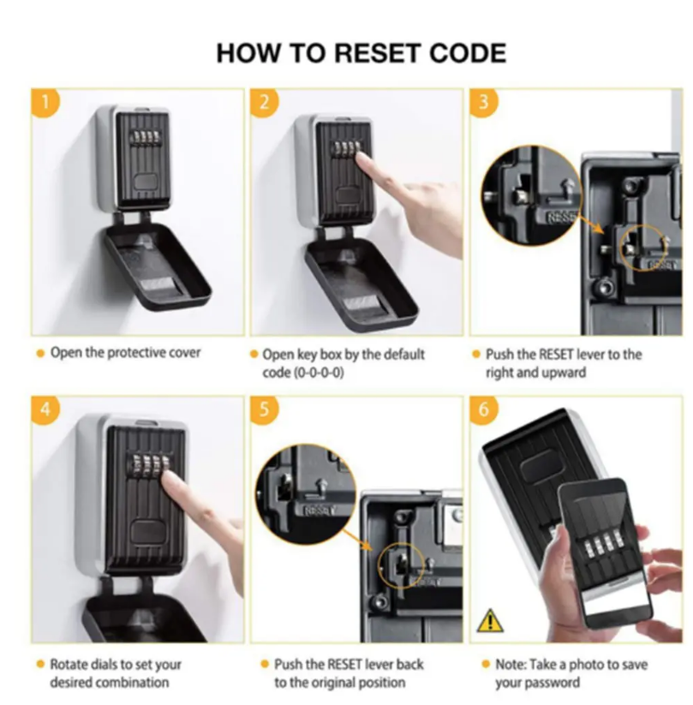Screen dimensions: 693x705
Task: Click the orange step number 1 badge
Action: point(45,103)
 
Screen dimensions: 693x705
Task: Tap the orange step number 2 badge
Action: point(265,103)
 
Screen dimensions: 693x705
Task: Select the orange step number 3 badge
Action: point(484,103)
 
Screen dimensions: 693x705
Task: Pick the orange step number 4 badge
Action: point(45,410)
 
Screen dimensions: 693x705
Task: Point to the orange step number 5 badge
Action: point(265,410)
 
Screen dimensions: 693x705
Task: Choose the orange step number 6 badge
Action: point(484,410)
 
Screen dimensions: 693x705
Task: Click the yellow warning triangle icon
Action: point(490,620)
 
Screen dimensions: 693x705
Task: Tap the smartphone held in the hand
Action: point(605,554)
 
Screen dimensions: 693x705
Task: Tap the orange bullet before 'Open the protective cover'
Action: point(40,354)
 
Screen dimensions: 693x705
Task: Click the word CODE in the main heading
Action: point(468,53)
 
